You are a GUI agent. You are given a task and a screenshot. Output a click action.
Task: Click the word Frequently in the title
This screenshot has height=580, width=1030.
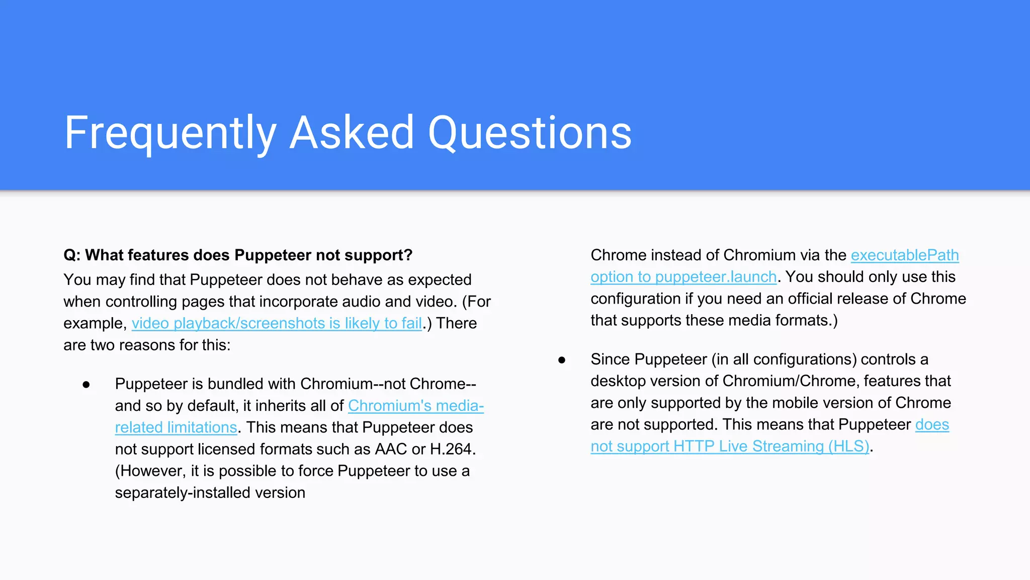click(170, 133)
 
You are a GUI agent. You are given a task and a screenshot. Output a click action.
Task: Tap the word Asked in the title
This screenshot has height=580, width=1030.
click(352, 133)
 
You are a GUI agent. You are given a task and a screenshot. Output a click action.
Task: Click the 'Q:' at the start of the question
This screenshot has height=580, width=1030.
click(72, 255)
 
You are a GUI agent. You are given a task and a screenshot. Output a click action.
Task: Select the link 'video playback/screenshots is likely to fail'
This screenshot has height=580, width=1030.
click(277, 323)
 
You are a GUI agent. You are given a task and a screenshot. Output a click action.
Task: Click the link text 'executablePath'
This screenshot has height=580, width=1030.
click(904, 255)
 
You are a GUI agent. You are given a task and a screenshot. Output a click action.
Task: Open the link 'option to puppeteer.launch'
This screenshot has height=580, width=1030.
click(683, 277)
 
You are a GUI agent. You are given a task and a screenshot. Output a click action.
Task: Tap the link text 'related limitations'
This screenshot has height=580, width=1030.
click(176, 427)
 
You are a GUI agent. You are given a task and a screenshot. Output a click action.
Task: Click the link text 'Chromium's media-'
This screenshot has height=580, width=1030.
click(415, 406)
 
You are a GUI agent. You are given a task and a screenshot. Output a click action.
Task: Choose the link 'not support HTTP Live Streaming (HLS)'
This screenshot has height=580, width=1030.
click(729, 447)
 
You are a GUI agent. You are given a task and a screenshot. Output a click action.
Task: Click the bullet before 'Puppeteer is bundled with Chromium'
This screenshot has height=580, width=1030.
click(86, 385)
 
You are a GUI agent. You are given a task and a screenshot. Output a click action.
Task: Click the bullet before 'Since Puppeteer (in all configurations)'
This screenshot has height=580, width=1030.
click(562, 360)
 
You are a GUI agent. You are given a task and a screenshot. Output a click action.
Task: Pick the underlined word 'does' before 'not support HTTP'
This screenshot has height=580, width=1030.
click(931, 425)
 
